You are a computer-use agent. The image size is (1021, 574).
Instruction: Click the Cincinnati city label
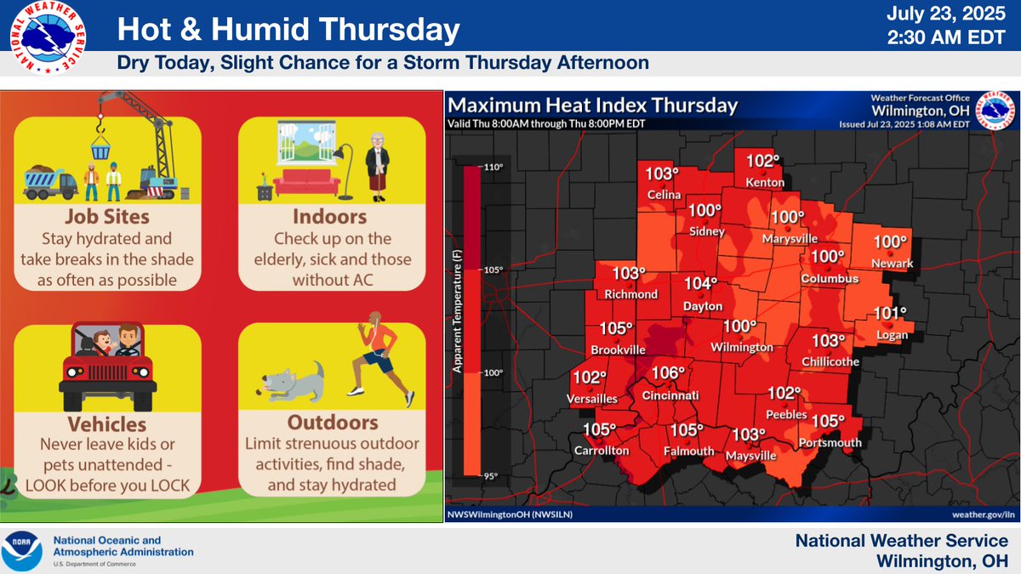(669, 395)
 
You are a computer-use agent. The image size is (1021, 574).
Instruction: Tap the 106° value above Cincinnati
(668, 374)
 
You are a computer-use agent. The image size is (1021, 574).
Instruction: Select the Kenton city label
(764, 183)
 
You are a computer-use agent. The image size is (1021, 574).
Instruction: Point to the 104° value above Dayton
(703, 284)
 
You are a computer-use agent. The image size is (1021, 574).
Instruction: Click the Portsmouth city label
(830, 442)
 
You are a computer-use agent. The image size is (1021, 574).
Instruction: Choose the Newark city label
(891, 264)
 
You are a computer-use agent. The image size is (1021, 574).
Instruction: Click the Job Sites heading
(107, 217)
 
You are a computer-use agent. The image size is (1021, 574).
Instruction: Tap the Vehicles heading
(107, 423)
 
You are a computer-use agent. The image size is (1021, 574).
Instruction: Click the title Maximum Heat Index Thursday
(593, 105)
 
